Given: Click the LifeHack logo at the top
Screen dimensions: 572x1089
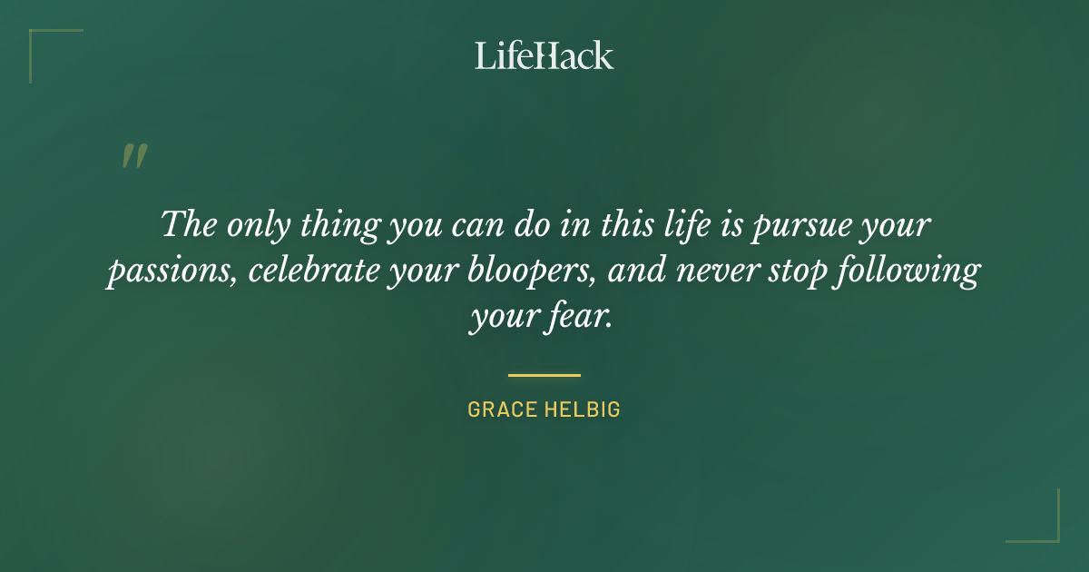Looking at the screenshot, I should (544, 55).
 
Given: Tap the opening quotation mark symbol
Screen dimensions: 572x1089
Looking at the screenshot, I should (133, 156).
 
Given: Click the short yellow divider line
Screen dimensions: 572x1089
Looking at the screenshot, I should (544, 374).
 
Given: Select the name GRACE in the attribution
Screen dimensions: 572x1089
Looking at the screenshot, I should (502, 409).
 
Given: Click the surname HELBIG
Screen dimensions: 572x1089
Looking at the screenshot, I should (583, 409).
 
